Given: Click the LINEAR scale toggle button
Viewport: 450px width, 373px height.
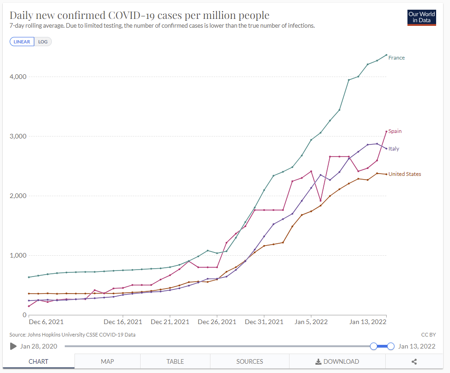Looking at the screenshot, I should (22, 42).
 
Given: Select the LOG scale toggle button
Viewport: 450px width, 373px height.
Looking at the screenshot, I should (43, 42).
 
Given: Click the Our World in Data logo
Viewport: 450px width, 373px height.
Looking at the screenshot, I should (421, 18).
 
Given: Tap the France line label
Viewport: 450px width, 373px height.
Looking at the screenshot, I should (396, 58).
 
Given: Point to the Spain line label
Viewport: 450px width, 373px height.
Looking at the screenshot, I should (395, 131).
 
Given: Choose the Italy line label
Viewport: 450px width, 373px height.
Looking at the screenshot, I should (394, 149).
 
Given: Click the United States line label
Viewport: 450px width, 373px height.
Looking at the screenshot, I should (405, 174).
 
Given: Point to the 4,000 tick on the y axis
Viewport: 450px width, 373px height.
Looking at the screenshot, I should (18, 77).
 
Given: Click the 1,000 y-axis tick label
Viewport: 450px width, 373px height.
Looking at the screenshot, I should (18, 255).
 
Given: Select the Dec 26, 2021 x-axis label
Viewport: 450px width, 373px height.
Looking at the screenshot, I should (216, 322).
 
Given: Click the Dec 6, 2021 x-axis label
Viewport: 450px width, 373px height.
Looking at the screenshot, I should (46, 322).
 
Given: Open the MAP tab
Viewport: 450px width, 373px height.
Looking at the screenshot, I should (107, 361).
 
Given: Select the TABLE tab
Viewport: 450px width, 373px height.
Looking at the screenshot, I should (175, 361).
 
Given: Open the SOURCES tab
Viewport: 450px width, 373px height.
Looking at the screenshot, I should (250, 361).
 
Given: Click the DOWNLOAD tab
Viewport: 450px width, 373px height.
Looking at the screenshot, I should (337, 361).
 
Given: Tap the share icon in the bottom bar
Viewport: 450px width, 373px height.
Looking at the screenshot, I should (414, 362).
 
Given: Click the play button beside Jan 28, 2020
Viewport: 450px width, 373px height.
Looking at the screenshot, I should (13, 346).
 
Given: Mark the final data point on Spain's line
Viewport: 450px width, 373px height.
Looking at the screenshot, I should (386, 132).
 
